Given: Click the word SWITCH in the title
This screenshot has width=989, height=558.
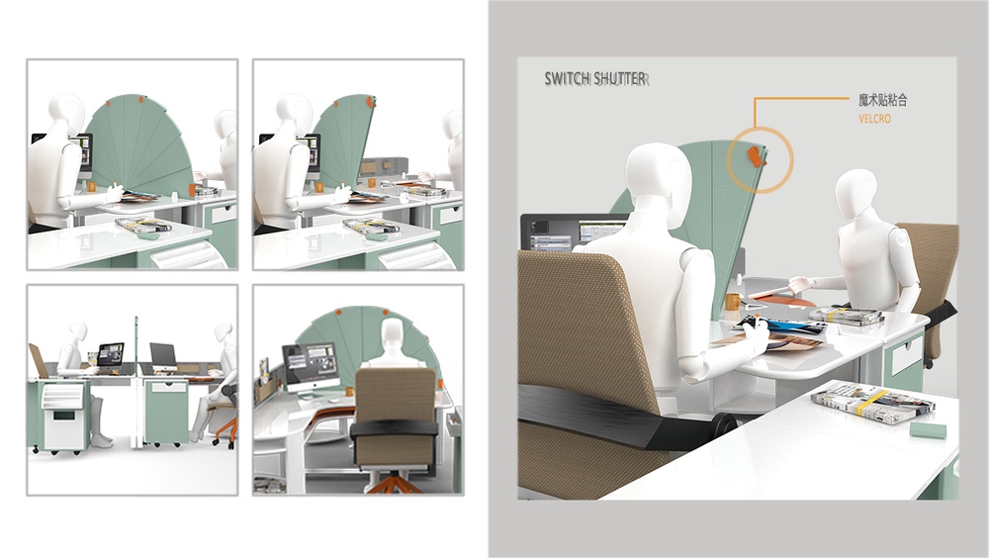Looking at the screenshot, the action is pos(567,79).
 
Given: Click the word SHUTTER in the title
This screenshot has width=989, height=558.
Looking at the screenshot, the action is pos(619,79).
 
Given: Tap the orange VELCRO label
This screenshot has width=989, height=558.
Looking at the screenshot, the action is pos(874,119).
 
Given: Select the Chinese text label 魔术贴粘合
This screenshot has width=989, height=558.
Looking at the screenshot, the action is pos(882,100).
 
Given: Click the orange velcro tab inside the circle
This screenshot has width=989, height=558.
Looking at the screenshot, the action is pos(755,157).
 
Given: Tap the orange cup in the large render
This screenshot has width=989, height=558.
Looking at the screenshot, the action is pos(732,301).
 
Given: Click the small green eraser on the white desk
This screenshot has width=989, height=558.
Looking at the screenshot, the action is pos(928,430).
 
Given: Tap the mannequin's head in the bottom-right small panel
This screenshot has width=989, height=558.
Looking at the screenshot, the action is pos(393,332).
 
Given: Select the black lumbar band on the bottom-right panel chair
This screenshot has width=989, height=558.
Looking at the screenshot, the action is pos(394,428).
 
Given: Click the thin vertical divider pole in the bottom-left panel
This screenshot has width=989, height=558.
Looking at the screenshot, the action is pos(136,382).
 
